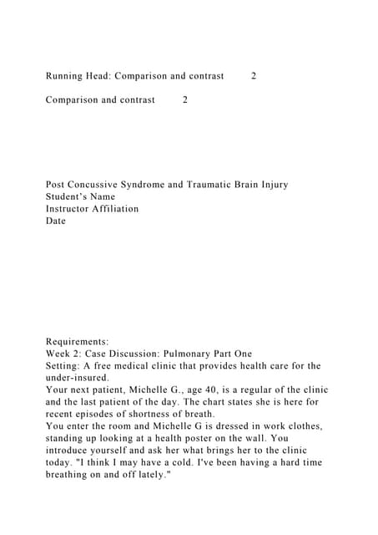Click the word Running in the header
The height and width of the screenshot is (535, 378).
coord(66,76)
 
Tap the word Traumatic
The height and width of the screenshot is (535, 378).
coord(220,185)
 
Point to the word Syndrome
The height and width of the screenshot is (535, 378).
coord(157,185)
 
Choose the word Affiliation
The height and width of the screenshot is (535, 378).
coord(118,209)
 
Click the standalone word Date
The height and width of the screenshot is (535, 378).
coord(56,222)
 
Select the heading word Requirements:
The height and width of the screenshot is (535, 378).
coord(78,342)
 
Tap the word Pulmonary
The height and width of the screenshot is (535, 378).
coord(188,354)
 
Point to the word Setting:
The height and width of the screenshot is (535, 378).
coord(64,366)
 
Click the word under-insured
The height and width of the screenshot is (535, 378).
coord(77,378)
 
